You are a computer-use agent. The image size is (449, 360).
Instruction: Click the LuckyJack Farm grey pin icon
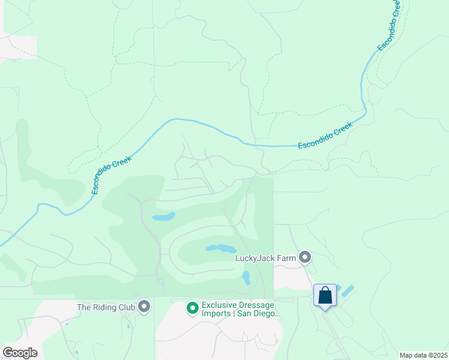pyautogui.click(x=305, y=258)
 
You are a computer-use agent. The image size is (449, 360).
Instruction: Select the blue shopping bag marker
pyautogui.click(x=325, y=295)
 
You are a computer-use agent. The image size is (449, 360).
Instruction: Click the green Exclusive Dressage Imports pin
pyautogui.click(x=193, y=308)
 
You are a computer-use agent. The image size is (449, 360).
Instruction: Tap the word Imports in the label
pyautogui.click(x=216, y=313)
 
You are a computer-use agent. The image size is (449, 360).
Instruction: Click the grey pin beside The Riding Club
pyautogui.click(x=144, y=307)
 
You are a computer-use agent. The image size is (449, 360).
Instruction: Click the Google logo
pyautogui.click(x=20, y=353)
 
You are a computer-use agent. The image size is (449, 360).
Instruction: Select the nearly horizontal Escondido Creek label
pyautogui.click(x=325, y=136)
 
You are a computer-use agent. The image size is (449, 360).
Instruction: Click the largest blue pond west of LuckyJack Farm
pyautogui.click(x=221, y=248)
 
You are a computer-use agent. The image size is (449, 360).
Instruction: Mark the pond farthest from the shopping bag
pyautogui.click(x=163, y=216)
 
